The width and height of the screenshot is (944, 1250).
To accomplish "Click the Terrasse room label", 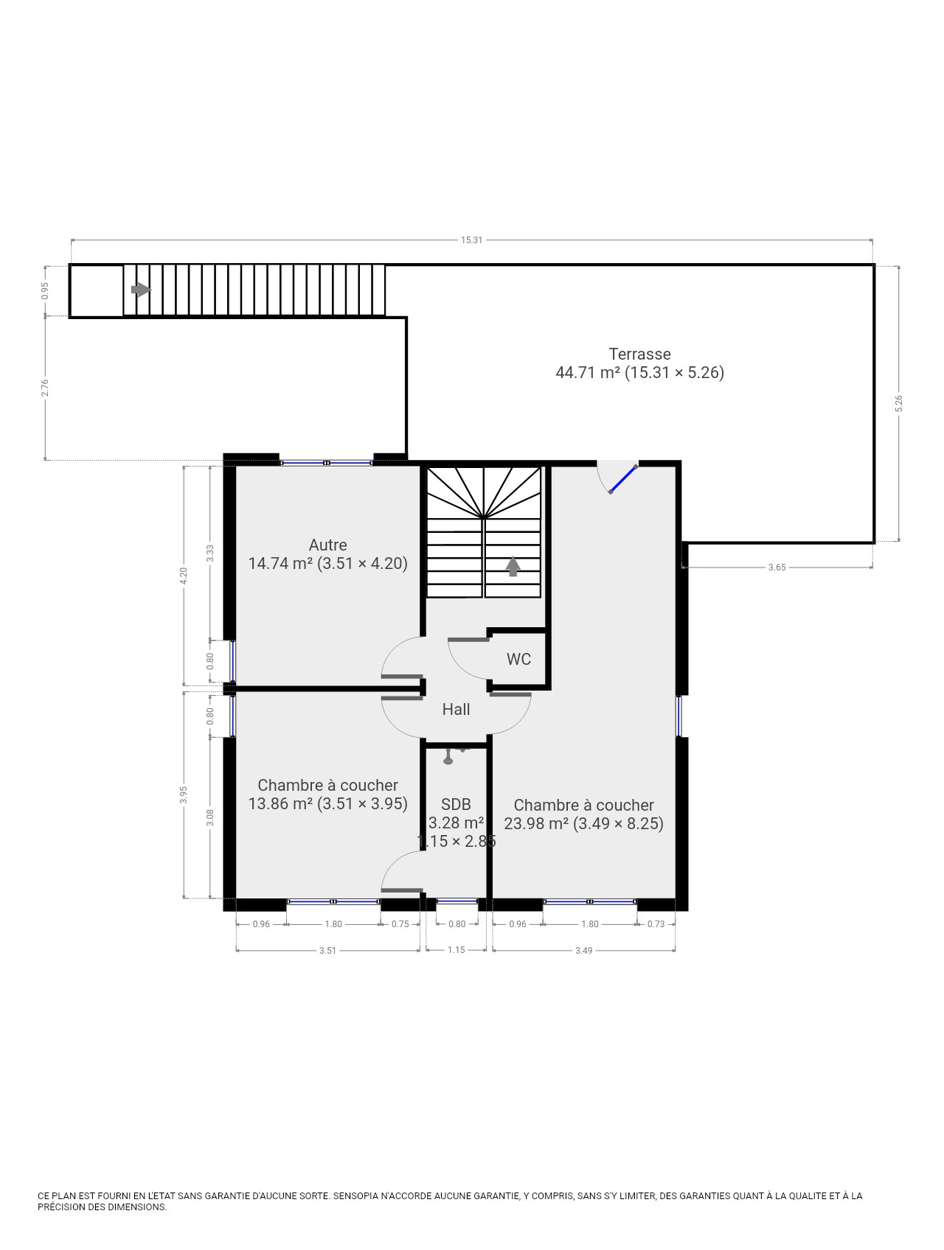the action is click(639, 354).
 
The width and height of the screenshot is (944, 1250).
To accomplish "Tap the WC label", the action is click(518, 659).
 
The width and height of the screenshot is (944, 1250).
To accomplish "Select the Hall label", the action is click(456, 709).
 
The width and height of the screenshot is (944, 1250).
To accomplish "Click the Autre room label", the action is click(327, 545).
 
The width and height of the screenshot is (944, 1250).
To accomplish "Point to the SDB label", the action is click(456, 805).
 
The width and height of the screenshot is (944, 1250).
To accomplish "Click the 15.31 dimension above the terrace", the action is click(472, 240).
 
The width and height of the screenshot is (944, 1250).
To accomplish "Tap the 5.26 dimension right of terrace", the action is click(898, 404).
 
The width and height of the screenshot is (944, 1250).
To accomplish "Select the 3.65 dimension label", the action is click(777, 568).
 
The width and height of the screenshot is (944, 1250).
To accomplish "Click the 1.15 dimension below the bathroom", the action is click(457, 950).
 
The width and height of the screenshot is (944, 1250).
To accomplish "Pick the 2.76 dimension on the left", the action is click(45, 388).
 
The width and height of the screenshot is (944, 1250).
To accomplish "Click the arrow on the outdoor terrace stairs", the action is click(141, 290).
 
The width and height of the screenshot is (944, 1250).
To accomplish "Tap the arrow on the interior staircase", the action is click(513, 566).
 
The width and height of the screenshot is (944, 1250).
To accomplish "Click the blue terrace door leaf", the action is click(623, 479).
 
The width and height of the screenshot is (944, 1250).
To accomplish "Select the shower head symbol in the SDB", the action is click(448, 757).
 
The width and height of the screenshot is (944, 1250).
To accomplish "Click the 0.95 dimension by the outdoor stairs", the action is click(45, 290).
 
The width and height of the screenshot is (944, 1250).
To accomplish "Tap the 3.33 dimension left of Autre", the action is click(210, 554).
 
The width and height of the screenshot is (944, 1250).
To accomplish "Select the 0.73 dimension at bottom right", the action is click(656, 924).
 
